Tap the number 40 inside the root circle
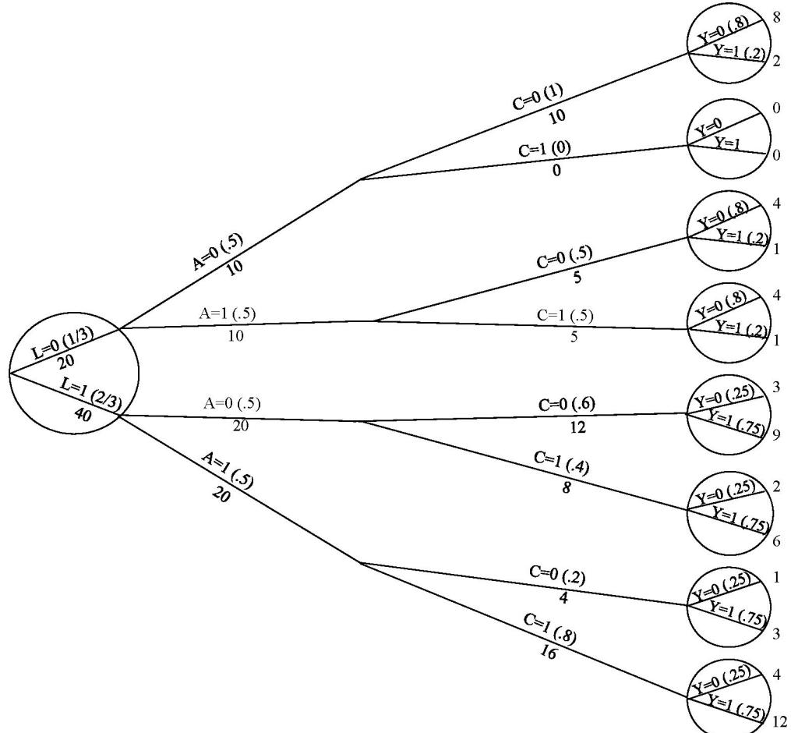83,416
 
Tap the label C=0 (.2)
557,579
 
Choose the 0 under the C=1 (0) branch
556,172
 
